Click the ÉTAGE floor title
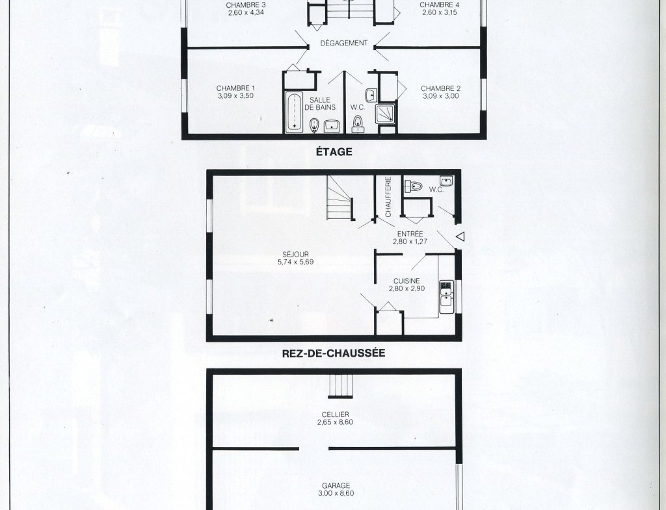coord(334,151)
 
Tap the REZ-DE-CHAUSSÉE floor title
coord(334,353)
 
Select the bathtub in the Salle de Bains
coord(294,112)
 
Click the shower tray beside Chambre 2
coord(385,114)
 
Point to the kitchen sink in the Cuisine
coord(446,297)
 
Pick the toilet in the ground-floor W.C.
coord(413,186)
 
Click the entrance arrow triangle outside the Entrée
coord(460,236)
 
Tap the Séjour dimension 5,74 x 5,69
coord(296,262)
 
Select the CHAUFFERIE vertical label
coord(388,197)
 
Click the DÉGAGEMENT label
coord(344,43)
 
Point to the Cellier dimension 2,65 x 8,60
coord(335,422)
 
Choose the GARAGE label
coord(336,485)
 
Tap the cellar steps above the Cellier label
coord(341,386)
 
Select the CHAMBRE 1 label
coord(235,88)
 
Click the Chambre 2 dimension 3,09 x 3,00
coord(441,96)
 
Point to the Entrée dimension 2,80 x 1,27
coord(410,242)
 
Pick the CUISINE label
coord(406,281)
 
